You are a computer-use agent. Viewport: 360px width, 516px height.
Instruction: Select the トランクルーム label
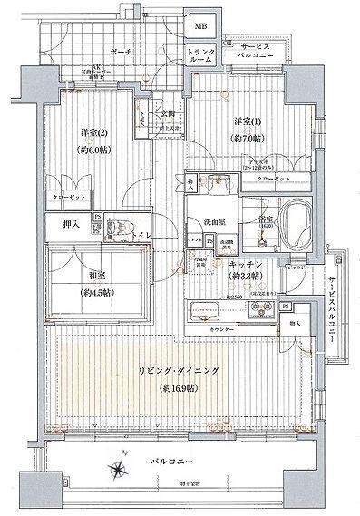[201, 56]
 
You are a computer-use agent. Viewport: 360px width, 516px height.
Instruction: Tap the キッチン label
[247, 264]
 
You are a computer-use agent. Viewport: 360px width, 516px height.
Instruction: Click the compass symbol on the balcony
[119, 469]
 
